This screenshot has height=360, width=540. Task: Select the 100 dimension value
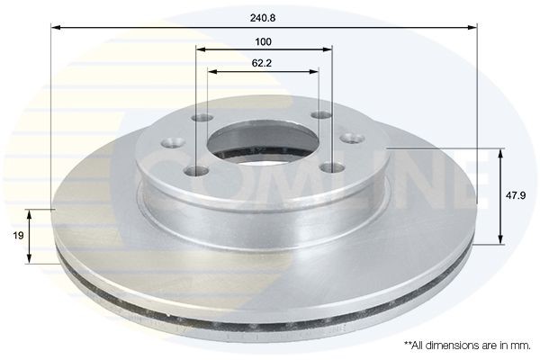coord(263,41)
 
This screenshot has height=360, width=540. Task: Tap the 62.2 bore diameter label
coord(263,62)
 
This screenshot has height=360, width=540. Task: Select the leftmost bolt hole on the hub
coord(166,143)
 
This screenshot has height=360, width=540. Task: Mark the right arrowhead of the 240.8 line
coord(473,29)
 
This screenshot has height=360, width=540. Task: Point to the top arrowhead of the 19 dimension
coord(31,212)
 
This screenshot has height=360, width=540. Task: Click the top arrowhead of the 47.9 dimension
coord(499,149)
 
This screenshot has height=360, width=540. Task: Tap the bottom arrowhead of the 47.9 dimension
coord(499,240)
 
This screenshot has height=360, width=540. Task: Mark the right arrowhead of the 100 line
coord(328,51)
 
